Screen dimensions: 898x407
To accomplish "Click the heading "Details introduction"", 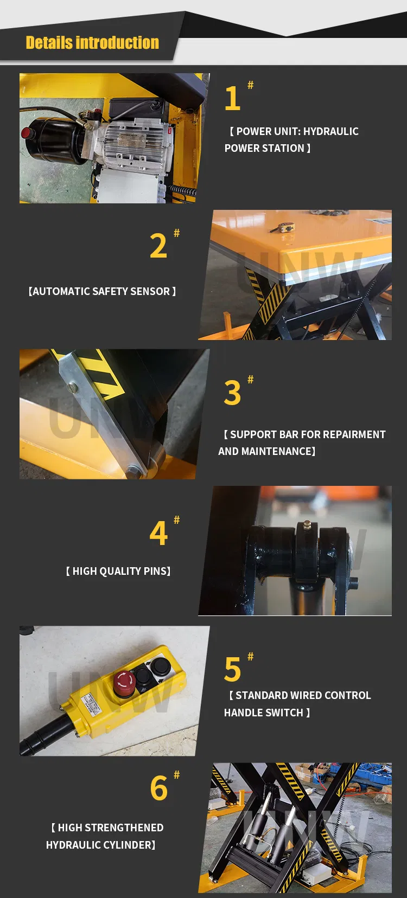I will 92,43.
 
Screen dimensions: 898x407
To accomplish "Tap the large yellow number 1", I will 232,98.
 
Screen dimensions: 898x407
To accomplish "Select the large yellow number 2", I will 158,246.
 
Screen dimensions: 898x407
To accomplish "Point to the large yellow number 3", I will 232,393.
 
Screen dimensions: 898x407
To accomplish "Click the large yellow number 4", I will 158,533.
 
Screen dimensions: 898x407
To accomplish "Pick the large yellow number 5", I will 232,670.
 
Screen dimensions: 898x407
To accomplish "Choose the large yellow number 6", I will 158,788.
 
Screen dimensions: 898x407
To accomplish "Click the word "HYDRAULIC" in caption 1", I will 331,131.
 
